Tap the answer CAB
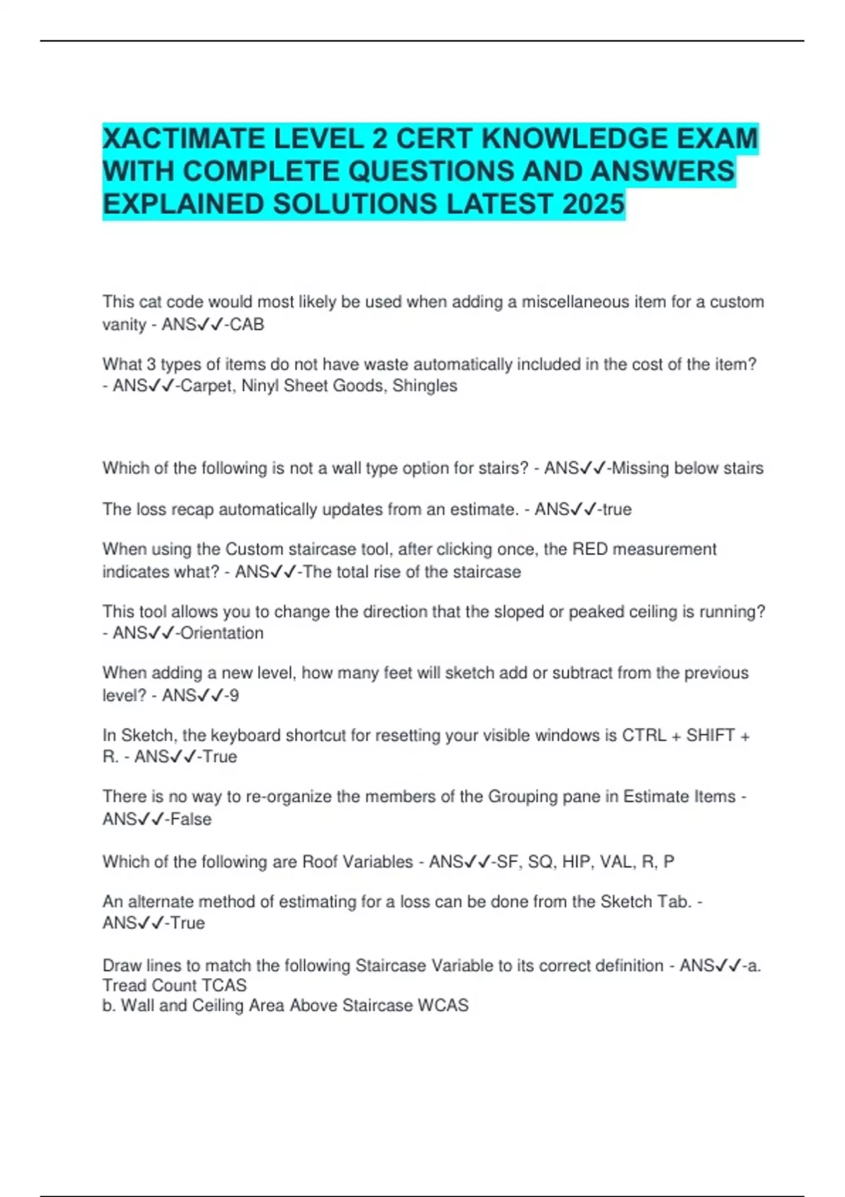[x=247, y=325]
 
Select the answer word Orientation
[x=222, y=633]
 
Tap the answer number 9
[x=234, y=696]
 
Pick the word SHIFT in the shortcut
[x=711, y=735]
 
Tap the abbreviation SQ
[x=540, y=862]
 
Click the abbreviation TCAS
[x=222, y=985]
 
